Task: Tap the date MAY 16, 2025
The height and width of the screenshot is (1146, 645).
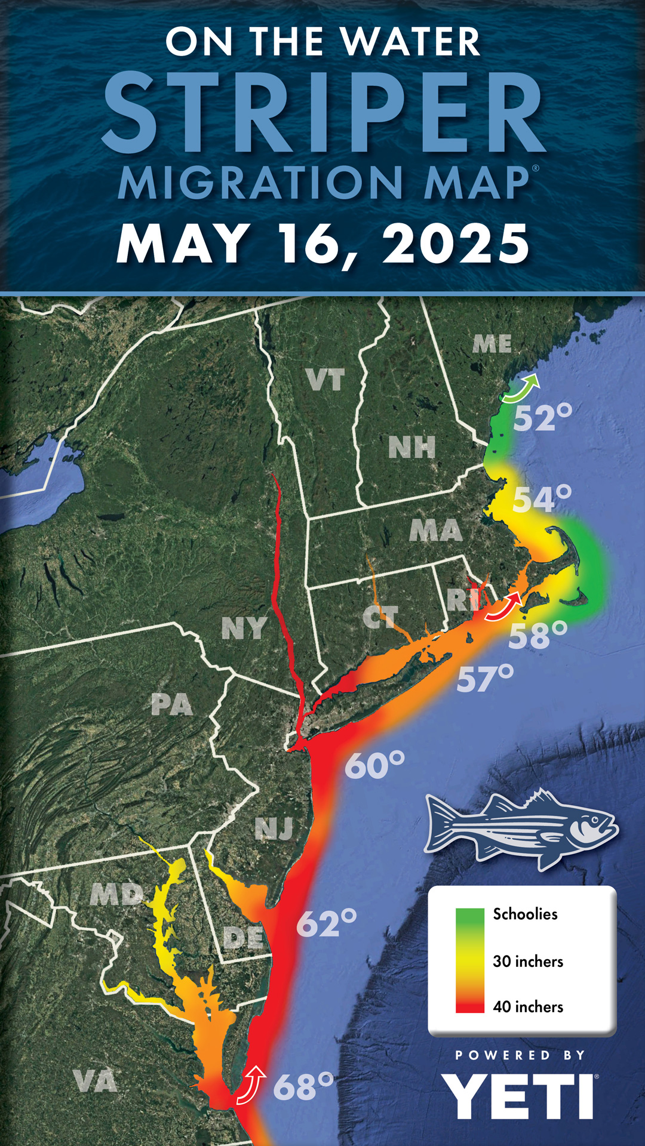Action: [x=323, y=244]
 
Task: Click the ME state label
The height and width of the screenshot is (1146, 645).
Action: [x=492, y=344]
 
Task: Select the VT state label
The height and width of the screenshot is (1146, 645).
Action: [x=325, y=380]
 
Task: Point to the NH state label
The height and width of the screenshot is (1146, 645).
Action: [x=411, y=448]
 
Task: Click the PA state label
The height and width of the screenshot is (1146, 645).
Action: [x=172, y=705]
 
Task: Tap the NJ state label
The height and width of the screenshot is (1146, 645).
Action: [x=274, y=828]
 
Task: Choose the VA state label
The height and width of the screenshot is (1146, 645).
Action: [x=95, y=1081]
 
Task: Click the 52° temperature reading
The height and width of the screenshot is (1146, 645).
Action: [x=542, y=417]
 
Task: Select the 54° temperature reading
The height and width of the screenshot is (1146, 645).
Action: [x=542, y=499]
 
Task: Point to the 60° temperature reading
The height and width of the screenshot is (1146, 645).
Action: [x=374, y=766]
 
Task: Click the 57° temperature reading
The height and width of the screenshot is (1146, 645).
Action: [x=485, y=679]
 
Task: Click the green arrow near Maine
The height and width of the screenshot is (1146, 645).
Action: [x=521, y=389]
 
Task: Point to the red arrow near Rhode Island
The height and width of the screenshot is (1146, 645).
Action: [x=503, y=608]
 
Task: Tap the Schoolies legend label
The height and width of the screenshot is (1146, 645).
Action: [x=525, y=914]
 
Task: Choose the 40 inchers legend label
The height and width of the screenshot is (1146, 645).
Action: [x=528, y=1007]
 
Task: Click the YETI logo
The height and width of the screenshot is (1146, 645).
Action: [x=518, y=1096]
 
